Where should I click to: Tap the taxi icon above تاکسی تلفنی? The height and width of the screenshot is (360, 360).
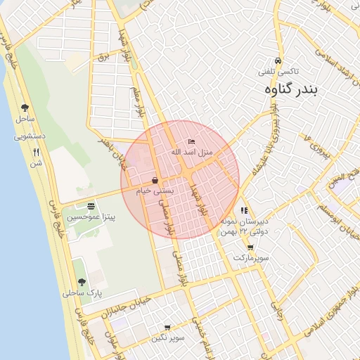point(279,60)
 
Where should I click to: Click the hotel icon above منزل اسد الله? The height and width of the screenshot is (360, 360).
point(192,143)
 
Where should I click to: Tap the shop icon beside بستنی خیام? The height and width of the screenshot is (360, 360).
point(155,180)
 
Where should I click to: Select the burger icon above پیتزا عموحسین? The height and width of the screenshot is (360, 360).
point(91,207)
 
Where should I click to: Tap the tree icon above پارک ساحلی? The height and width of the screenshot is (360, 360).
point(82,281)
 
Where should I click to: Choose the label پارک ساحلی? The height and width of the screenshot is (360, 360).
point(82,292)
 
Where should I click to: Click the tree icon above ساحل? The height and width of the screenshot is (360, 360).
point(25,108)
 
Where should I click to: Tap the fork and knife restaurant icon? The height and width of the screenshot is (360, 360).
point(36,152)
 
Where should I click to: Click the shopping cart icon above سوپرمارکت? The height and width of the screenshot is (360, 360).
point(250,247)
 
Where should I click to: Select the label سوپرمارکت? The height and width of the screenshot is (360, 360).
point(252,258)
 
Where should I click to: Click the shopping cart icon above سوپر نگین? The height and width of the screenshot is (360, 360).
point(167,328)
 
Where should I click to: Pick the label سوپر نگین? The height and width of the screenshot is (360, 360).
point(167,338)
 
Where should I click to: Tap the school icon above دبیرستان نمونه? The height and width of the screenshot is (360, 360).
point(244,210)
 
